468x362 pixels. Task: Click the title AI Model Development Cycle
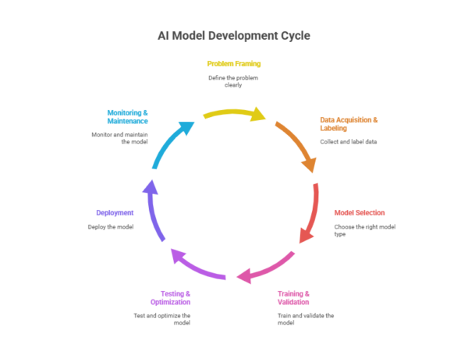click(234, 36)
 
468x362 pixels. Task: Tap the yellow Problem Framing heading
click(233, 63)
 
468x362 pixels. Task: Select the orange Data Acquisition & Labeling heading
click(349, 124)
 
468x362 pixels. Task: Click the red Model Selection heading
click(360, 212)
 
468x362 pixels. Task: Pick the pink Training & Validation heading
click(293, 297)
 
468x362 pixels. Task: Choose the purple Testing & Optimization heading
click(170, 297)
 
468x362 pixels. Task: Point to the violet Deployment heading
click(115, 212)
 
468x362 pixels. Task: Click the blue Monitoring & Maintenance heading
click(127, 116)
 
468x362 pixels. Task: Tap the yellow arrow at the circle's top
click(234, 114)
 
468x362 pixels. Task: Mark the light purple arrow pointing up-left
click(195, 265)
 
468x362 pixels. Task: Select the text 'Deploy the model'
click(111, 226)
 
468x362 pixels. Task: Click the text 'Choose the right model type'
click(360, 230)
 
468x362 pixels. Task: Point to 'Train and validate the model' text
click(305, 319)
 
